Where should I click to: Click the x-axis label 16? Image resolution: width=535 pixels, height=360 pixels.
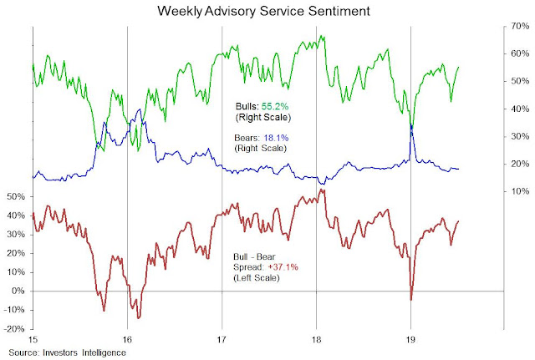(127, 340)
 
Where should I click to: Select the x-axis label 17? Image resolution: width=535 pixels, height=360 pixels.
(222, 340)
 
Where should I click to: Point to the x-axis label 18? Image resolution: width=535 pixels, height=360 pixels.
(316, 340)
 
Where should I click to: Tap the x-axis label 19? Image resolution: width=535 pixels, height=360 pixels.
(410, 340)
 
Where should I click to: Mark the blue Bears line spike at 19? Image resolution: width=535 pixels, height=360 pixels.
(411, 126)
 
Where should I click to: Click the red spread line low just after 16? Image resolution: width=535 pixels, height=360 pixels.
(139, 317)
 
